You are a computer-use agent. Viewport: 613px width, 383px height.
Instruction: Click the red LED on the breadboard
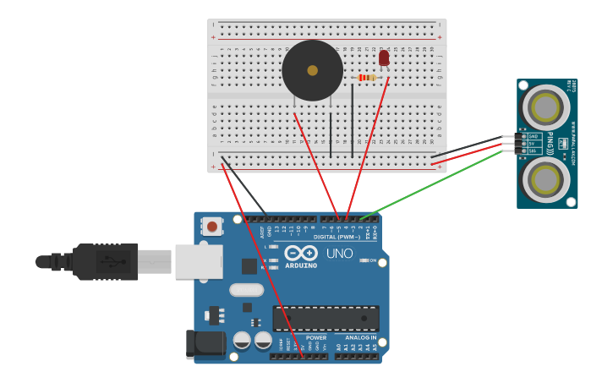coord(384,57)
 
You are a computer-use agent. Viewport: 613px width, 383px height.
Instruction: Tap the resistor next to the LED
coord(367,78)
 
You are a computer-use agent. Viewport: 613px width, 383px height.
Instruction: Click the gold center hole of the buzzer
coord(312,70)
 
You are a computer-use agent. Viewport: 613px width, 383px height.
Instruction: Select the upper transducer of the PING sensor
coord(545,107)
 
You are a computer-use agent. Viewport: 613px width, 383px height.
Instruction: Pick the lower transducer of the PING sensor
coord(545,179)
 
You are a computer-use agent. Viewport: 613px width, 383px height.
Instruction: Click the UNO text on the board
coord(339,253)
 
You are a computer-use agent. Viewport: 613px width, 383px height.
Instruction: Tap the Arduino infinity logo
coord(300,253)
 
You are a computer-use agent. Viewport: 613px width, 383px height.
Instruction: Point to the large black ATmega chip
coord(326,319)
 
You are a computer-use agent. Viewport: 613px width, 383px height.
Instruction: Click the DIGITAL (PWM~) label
coord(337,237)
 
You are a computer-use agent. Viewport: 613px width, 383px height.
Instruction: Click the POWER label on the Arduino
coord(316,337)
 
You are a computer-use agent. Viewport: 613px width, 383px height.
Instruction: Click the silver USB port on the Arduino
coord(199,261)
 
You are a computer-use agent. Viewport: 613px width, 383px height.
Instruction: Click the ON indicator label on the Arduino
coord(372,260)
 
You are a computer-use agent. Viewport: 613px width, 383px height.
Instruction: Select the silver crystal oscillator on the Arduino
coord(246,290)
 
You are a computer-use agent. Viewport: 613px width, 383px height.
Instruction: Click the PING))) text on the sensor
coord(550,143)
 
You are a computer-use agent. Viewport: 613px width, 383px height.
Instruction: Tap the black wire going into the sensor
coord(465,145)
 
